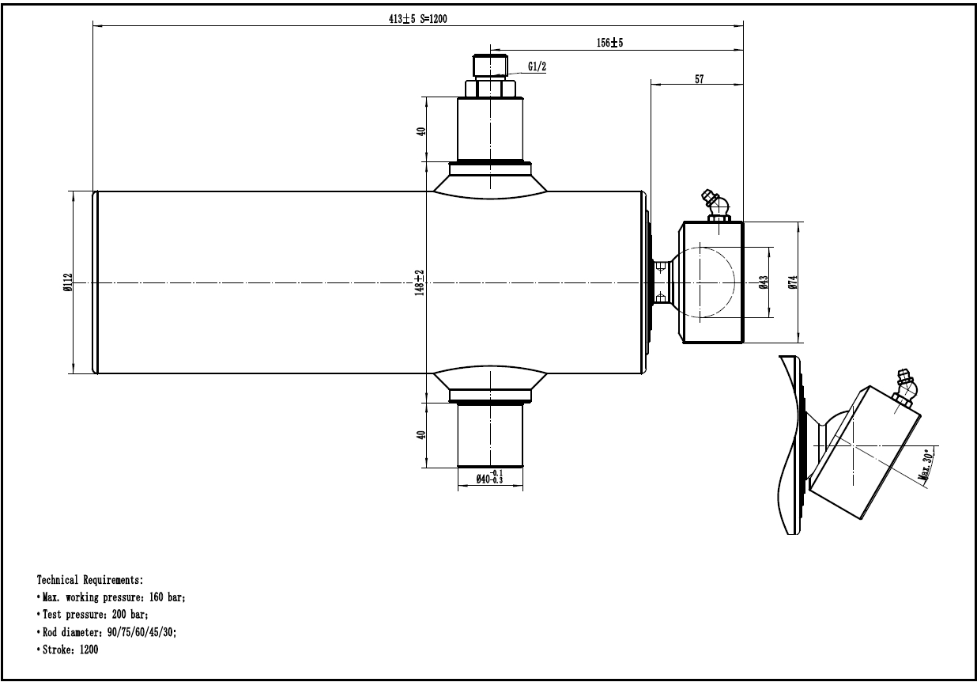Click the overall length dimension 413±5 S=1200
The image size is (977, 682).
[418, 19]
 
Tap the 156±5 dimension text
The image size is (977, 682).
[609, 43]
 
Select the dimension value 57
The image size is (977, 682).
[700, 79]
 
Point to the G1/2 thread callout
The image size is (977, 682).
[537, 66]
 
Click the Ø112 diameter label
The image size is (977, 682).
[68, 282]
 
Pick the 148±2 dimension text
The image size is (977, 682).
[420, 283]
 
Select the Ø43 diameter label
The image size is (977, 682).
[764, 282]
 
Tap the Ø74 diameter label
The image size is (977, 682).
[793, 282]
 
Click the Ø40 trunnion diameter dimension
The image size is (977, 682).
[489, 477]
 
